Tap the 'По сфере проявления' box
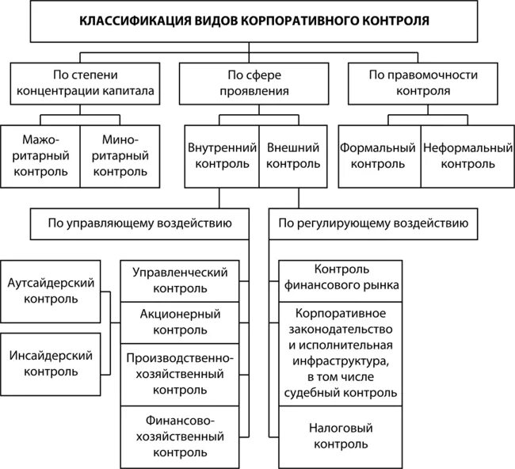pos(255,83)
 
